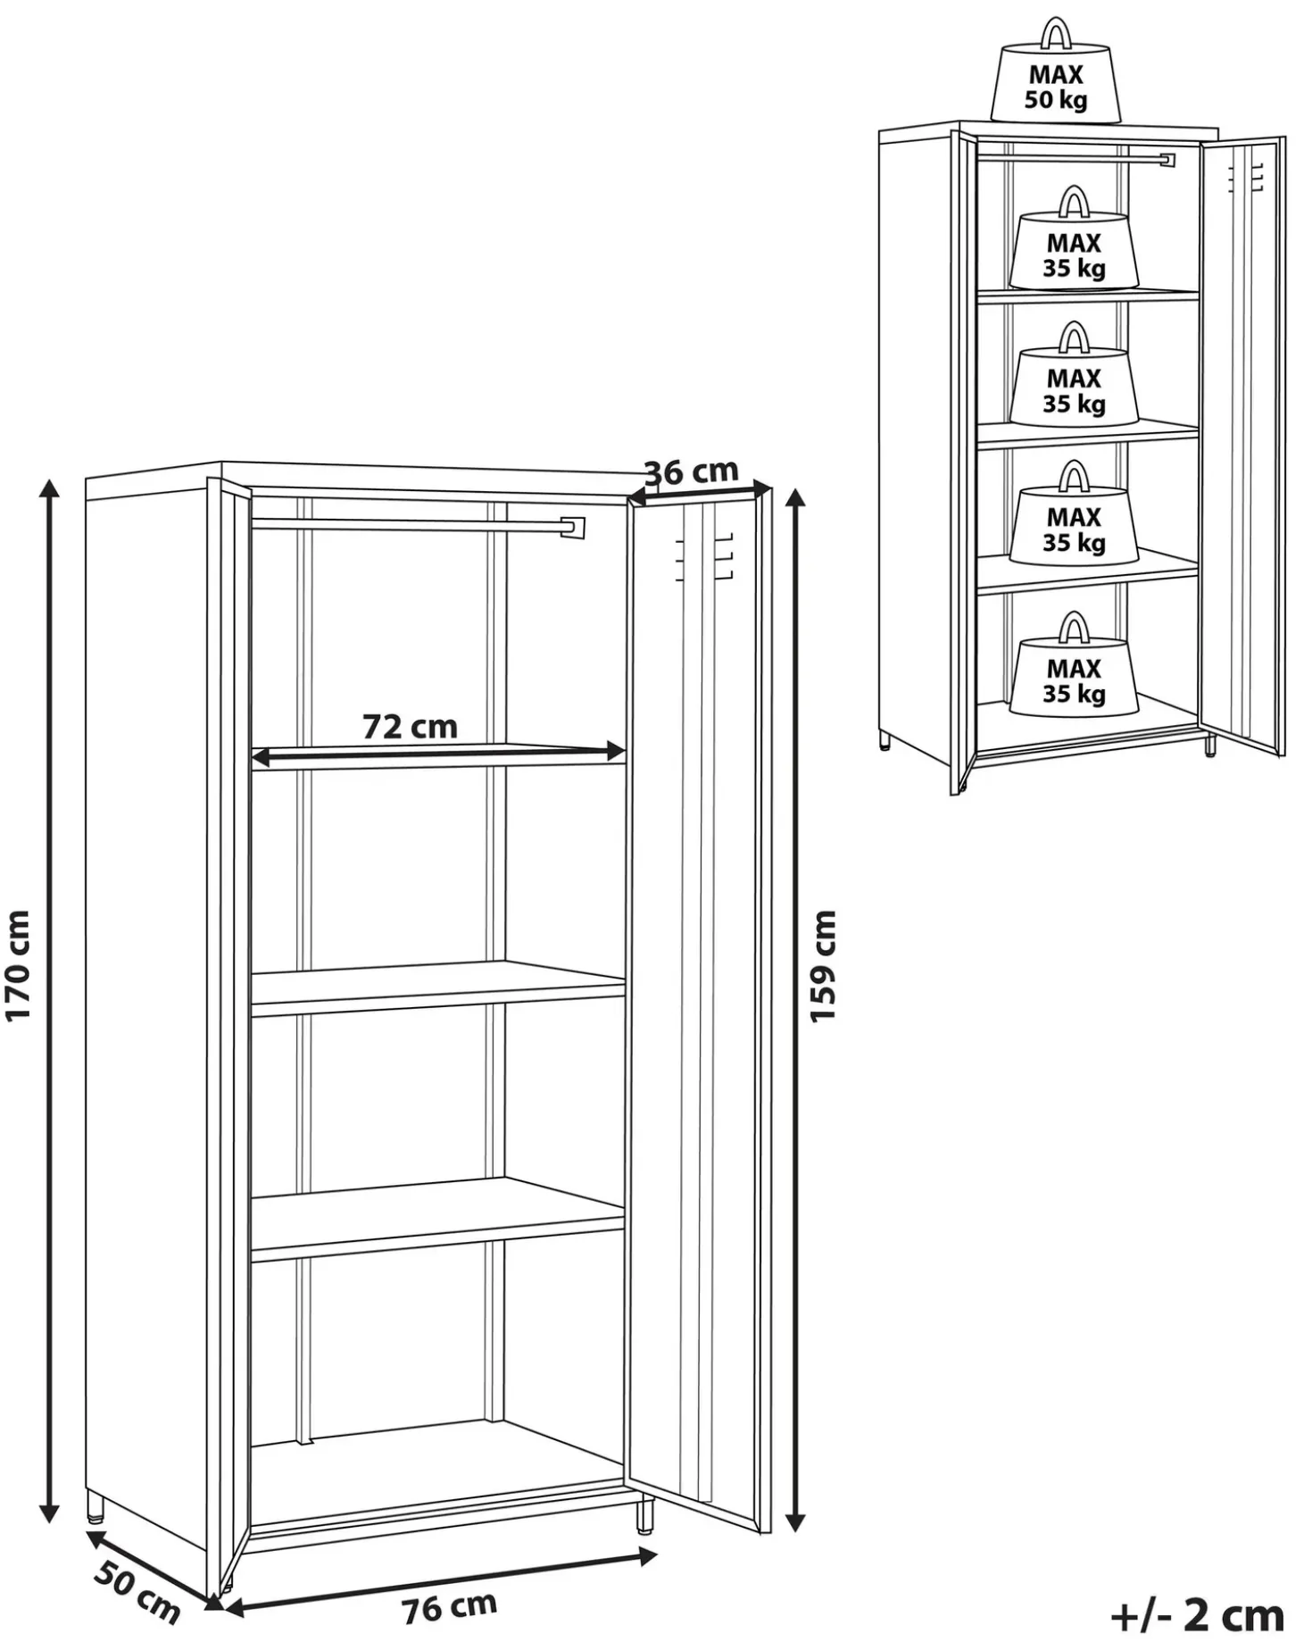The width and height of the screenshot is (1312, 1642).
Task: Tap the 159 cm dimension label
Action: click(823, 966)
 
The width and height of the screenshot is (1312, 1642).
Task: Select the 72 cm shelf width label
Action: click(410, 726)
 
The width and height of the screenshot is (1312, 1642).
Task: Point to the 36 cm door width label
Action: click(692, 471)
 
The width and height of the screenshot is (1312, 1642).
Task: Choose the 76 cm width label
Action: click(449, 1606)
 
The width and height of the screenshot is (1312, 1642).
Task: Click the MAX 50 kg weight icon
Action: click(1055, 71)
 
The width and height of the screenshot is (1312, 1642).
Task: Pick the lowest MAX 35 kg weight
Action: click(1074, 665)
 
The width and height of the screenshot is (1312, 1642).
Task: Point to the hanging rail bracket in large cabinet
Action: click(572, 528)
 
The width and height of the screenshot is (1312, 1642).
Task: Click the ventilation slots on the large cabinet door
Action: click(704, 558)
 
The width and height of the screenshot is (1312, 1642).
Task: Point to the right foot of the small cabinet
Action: click(1210, 746)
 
